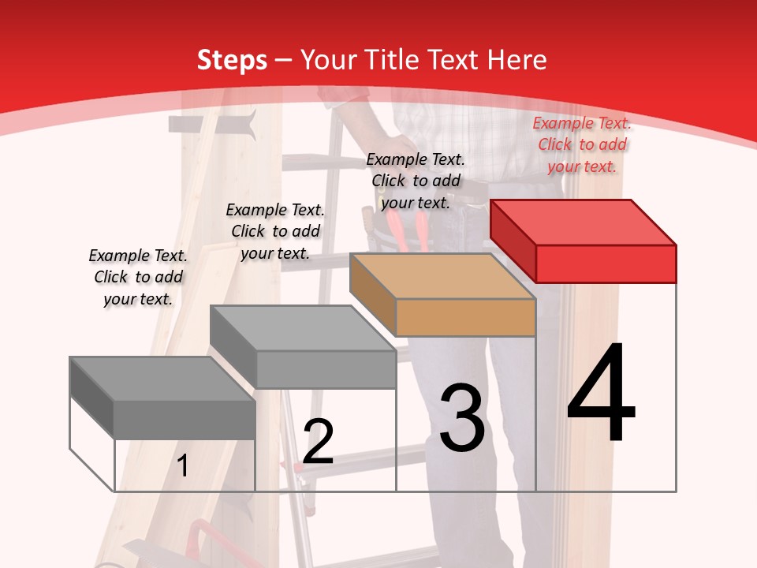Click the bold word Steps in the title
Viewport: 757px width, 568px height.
232,60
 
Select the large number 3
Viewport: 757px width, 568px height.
462,417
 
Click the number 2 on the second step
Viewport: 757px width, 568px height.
318,442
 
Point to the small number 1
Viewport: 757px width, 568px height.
182,466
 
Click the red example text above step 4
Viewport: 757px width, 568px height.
582,144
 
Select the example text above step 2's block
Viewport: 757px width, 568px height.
275,231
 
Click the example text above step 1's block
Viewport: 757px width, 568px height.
138,277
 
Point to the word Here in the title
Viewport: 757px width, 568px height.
518,60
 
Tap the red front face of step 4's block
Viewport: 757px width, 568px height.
606,263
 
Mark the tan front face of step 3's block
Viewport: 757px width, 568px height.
465,318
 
